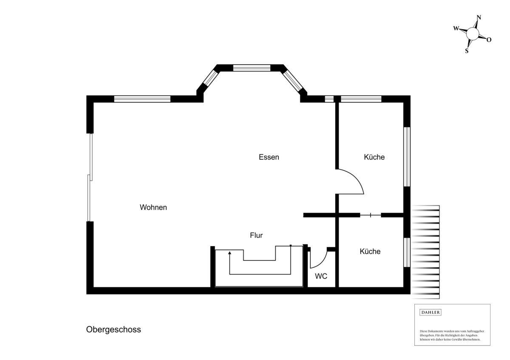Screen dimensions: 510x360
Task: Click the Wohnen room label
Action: [x=153, y=207]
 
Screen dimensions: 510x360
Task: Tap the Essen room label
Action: [x=269, y=157]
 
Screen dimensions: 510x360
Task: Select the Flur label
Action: [x=256, y=235]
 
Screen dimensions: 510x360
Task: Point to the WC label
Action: [x=321, y=276]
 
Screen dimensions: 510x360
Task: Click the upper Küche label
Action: [x=374, y=157]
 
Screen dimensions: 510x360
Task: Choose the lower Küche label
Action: [x=370, y=251]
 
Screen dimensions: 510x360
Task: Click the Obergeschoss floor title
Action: [x=113, y=330]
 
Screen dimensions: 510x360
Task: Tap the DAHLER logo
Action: [x=430, y=312]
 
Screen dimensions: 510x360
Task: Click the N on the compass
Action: [x=479, y=17]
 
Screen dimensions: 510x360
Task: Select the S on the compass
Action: [x=467, y=51]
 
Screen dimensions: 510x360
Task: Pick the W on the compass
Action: [x=456, y=28]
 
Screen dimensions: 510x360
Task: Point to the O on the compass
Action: [x=489, y=40]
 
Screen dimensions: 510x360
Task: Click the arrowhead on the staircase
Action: [x=229, y=253]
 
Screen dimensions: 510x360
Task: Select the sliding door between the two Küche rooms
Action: [x=371, y=215]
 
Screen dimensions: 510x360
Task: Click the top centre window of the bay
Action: [x=252, y=68]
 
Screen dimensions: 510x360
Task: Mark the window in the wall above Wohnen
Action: [x=142, y=99]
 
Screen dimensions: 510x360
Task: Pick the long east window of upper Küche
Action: [x=407, y=157]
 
